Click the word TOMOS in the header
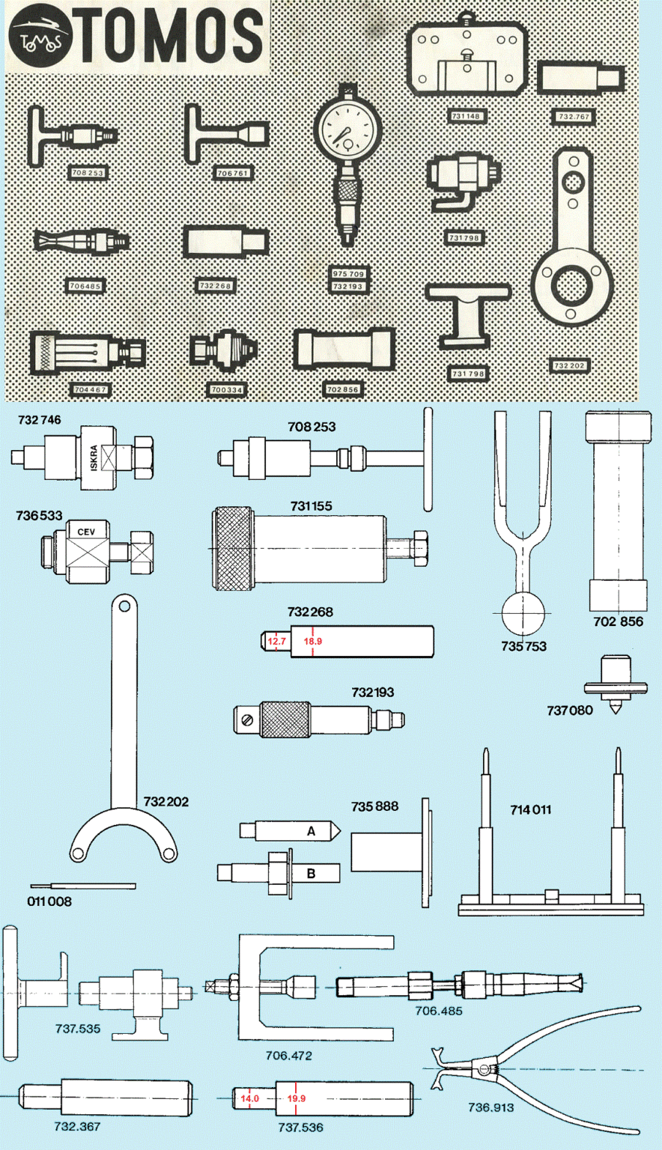[171, 37]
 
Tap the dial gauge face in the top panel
[342, 133]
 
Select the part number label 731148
[467, 117]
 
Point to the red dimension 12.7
[277, 642]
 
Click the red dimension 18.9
[312, 642]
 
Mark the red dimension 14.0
[249, 1098]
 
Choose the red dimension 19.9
[296, 1098]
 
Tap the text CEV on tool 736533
[85, 532]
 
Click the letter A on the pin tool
[311, 831]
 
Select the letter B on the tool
[311, 873]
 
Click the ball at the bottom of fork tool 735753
[524, 613]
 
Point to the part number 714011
[530, 809]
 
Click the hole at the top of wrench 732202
[124, 606]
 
